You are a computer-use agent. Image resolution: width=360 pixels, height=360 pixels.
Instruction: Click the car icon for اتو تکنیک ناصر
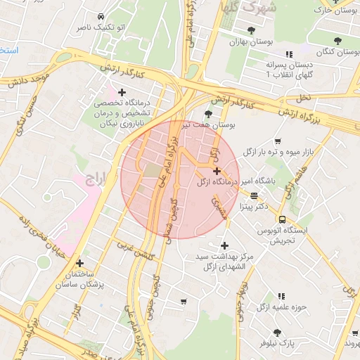click(101, 16)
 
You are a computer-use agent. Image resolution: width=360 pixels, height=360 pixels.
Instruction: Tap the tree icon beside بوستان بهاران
click(251, 30)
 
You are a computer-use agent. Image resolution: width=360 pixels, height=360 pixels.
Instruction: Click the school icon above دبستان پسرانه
click(288, 54)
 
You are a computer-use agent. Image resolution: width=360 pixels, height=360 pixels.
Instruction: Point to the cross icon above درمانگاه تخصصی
click(122, 92)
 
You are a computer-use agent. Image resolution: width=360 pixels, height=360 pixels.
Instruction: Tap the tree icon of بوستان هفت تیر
click(208, 114)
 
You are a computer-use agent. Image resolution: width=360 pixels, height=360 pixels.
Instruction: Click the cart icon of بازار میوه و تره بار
click(278, 141)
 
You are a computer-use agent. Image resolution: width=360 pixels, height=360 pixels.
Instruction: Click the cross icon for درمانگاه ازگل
click(217, 171)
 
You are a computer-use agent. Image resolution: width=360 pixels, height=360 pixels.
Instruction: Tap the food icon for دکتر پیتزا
click(254, 196)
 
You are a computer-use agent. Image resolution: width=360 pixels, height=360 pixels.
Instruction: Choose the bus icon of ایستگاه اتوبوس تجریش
click(282, 219)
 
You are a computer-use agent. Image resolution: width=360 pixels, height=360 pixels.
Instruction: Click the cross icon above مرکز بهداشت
click(224, 245)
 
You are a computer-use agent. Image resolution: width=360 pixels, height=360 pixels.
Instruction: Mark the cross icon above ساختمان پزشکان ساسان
click(79, 263)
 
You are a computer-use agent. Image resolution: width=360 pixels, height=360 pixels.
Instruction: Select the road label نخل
click(303, 96)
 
